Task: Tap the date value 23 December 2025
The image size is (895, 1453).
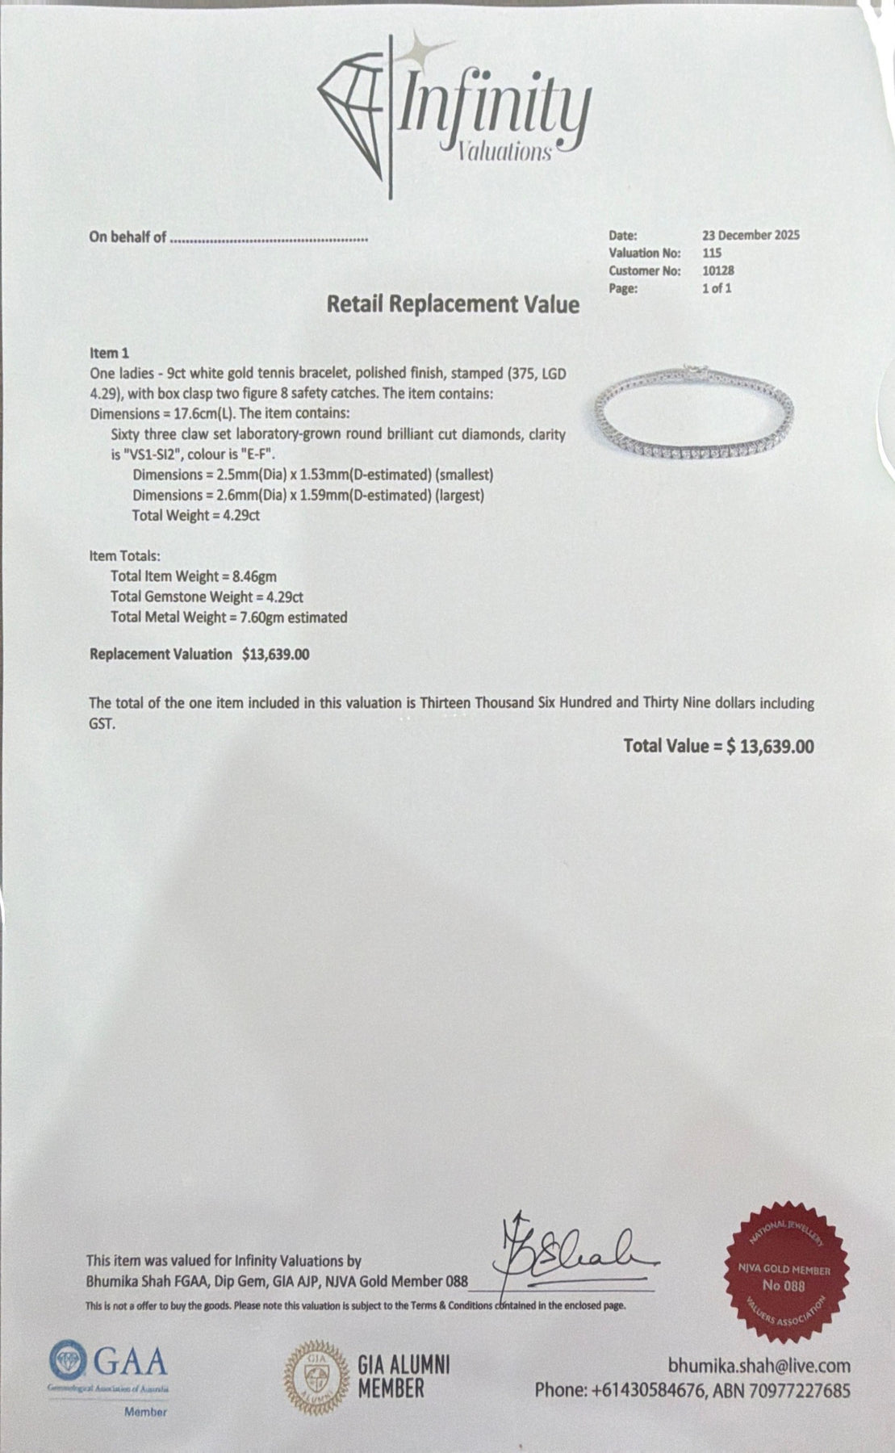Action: click(751, 235)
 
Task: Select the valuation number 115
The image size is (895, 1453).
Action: click(712, 253)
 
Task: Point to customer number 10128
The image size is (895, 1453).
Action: click(717, 270)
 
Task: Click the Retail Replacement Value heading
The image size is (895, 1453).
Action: click(453, 304)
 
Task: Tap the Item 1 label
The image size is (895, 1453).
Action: click(109, 353)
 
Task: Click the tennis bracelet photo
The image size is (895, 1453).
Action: click(694, 412)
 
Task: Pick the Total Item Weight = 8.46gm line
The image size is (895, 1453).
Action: click(194, 576)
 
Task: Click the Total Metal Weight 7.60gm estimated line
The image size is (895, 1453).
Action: click(228, 618)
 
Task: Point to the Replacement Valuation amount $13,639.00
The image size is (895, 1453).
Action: click(275, 654)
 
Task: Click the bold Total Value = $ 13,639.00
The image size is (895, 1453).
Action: click(718, 746)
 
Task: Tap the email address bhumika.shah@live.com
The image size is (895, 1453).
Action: click(759, 1365)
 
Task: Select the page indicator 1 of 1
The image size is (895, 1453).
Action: click(717, 288)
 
